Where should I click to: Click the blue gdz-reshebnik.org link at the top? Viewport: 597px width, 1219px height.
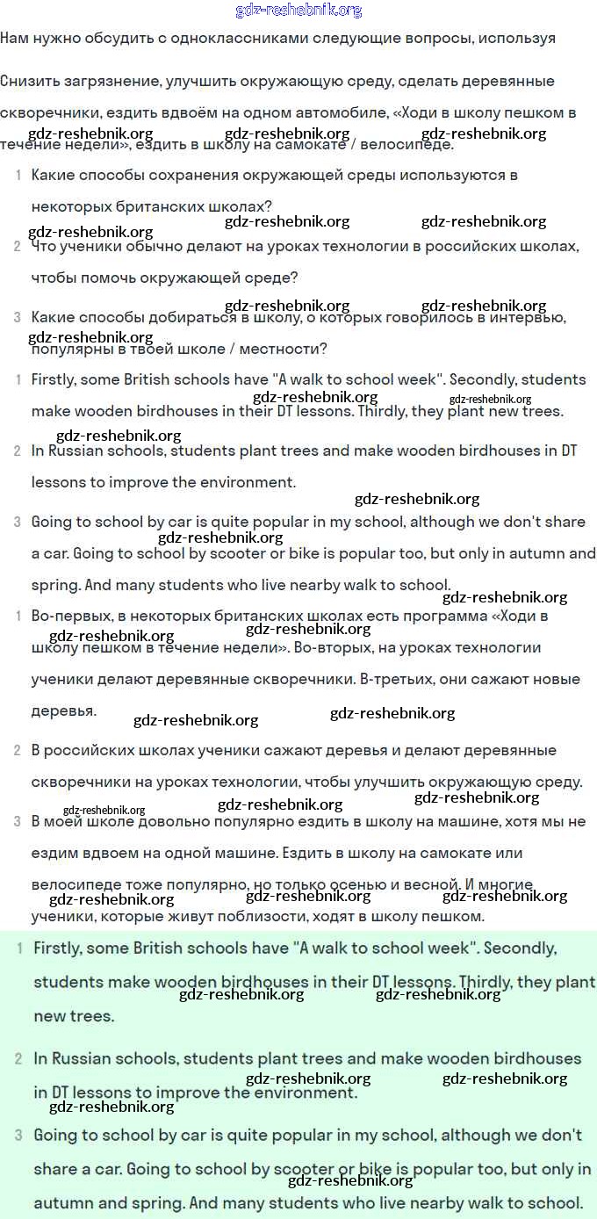pos(298,11)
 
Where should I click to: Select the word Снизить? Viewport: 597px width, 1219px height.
pos(25,81)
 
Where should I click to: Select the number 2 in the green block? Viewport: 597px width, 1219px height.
pos(18,1059)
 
